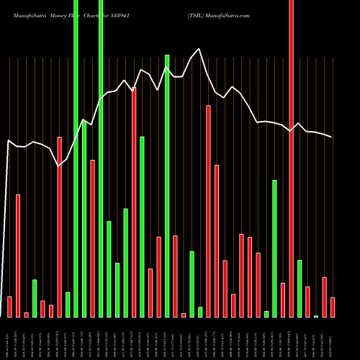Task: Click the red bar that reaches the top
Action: click(291, 144)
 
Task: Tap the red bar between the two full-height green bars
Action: click(93, 238)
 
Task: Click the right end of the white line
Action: click(332, 137)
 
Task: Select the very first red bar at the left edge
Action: click(9, 307)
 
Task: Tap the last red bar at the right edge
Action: click(332, 307)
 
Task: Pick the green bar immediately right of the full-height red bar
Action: click(299, 288)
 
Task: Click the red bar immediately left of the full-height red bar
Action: click(283, 300)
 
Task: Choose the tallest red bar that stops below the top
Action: click(134, 202)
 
